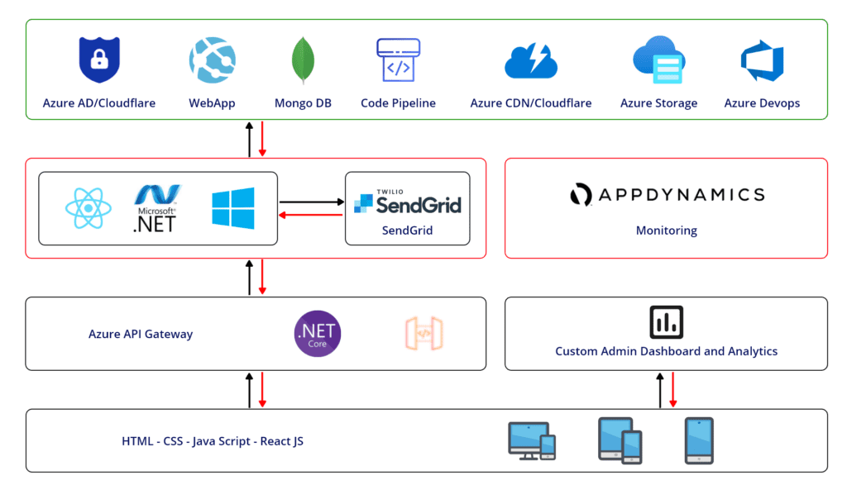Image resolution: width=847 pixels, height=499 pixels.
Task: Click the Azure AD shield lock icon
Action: [98, 60]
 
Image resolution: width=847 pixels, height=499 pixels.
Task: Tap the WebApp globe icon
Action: [213, 60]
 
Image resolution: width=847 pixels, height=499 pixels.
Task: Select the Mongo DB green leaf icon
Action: [304, 60]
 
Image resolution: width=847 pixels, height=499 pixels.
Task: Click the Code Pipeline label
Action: [398, 103]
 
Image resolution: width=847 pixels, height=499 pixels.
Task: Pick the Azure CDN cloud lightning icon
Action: [530, 60]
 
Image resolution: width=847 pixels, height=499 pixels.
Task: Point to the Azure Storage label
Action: [658, 103]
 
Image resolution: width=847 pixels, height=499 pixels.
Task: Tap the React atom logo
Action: [87, 207]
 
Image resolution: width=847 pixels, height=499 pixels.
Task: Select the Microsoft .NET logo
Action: [156, 207]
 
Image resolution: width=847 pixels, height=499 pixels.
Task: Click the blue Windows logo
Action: [232, 207]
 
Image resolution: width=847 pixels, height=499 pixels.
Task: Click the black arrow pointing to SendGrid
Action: [311, 202]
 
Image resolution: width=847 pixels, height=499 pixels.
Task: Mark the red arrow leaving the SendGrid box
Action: [311, 216]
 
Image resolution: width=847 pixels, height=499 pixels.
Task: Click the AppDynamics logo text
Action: [667, 195]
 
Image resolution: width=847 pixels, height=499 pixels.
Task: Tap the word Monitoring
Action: [666, 230]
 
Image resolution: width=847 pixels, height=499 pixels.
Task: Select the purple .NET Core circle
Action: [318, 334]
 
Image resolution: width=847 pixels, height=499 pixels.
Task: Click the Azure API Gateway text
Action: [141, 335]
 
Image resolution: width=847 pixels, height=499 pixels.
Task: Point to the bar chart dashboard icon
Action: [666, 322]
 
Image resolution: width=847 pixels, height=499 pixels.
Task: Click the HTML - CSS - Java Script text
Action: [213, 441]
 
